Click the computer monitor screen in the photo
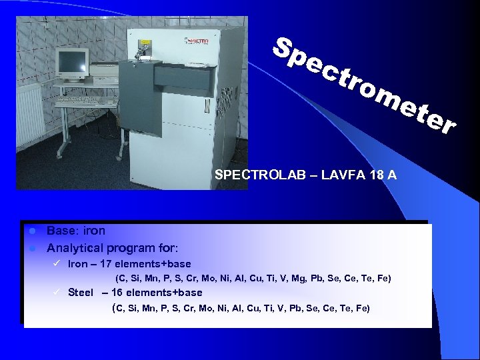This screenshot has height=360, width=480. pyautogui.click(x=71, y=61)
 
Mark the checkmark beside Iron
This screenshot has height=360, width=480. pyautogui.click(x=57, y=264)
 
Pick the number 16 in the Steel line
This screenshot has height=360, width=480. pyautogui.click(x=117, y=292)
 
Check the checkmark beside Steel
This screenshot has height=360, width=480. pyautogui.click(x=57, y=292)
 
